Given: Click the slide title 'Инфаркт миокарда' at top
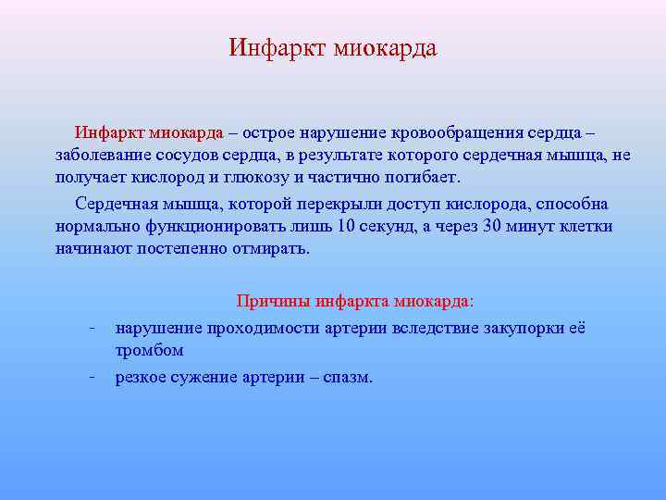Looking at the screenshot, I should coord(332,47).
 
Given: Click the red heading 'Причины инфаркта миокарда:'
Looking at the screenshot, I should coord(355,301).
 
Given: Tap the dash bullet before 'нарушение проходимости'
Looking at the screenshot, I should coord(92,327).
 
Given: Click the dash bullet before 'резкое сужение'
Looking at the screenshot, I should coord(92,377).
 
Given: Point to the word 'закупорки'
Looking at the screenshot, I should coord(519,328).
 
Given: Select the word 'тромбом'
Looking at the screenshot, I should coord(149,351).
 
